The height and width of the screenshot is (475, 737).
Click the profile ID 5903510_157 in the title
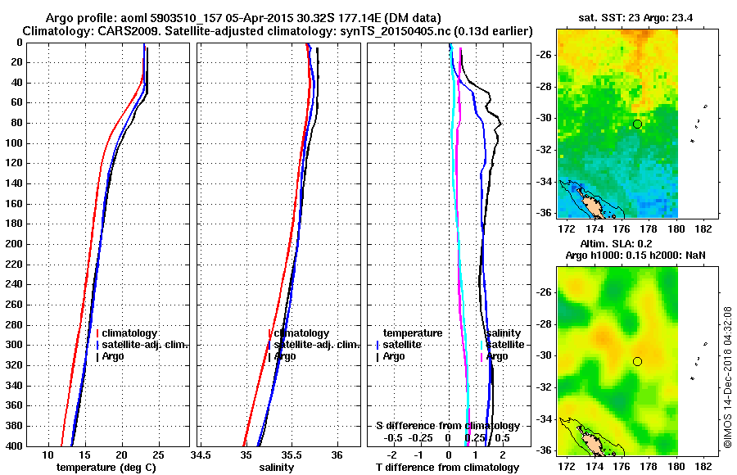[197, 18]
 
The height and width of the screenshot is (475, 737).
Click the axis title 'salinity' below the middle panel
[276, 468]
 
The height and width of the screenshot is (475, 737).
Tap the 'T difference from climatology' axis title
[447, 468]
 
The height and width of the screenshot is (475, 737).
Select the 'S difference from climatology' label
[447, 426]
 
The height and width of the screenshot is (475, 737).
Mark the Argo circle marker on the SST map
[637, 124]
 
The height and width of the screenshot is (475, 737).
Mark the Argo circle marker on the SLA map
[637, 361]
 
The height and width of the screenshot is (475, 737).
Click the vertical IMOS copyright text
[726, 377]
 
